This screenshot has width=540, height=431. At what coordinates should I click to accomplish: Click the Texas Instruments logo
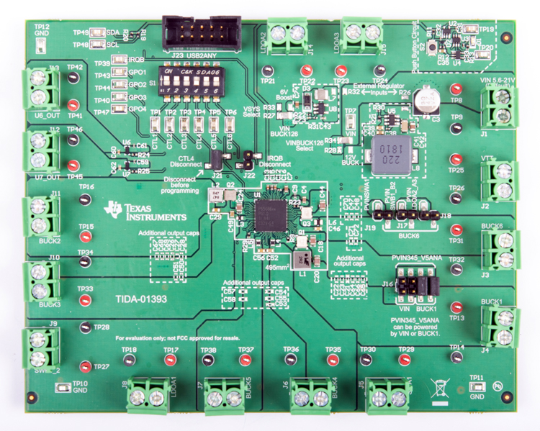pos(145,209)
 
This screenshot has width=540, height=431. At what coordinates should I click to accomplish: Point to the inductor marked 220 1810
pos(383,153)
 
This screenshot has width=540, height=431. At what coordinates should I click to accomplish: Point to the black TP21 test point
pos(268,71)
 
